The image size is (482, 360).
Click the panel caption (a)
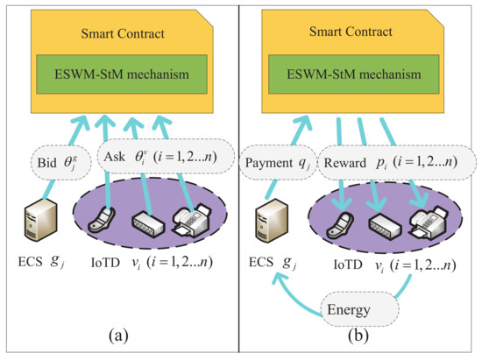tap(119, 336)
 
